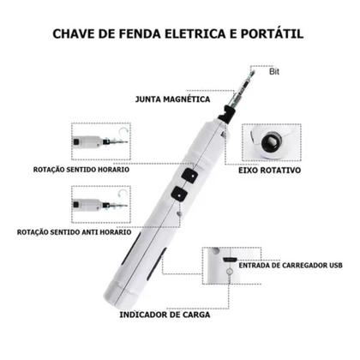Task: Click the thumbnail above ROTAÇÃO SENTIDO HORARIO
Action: click(x=98, y=139)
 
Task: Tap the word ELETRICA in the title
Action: click(x=191, y=34)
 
